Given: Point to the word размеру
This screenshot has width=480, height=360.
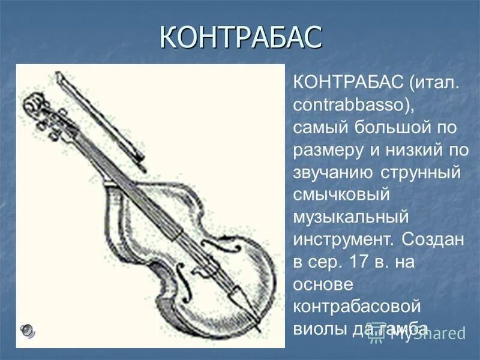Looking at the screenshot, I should tap(331, 149).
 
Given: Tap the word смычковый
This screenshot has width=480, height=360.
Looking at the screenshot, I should tap(342, 195).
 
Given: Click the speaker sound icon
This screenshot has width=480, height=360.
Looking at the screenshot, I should tap(28, 329).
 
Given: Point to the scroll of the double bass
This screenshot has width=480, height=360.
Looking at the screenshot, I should tap(33, 106).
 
